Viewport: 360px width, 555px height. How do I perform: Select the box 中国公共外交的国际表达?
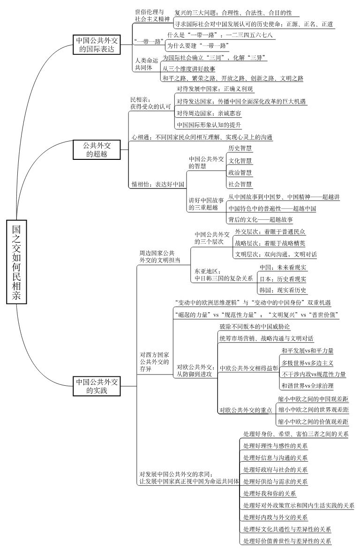point(97,44)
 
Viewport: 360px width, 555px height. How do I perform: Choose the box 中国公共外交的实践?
point(97,386)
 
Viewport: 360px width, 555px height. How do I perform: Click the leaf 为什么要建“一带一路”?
point(198,45)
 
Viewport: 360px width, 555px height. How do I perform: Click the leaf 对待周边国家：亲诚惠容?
point(209,113)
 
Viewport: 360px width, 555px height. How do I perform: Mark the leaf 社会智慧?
point(240,184)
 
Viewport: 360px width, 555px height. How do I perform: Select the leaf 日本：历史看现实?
point(283,279)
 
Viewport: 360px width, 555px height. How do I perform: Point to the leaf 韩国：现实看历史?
point(283,291)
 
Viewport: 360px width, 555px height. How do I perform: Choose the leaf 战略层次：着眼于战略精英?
point(270,243)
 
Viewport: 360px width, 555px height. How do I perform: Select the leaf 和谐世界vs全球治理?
point(307,386)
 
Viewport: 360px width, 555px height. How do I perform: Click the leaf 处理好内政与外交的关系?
point(276,517)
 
